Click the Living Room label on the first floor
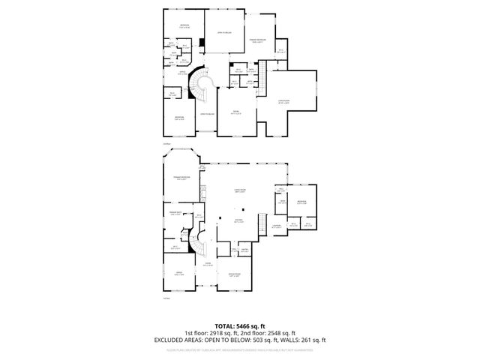click(241, 191)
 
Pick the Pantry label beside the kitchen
click(245, 250)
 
